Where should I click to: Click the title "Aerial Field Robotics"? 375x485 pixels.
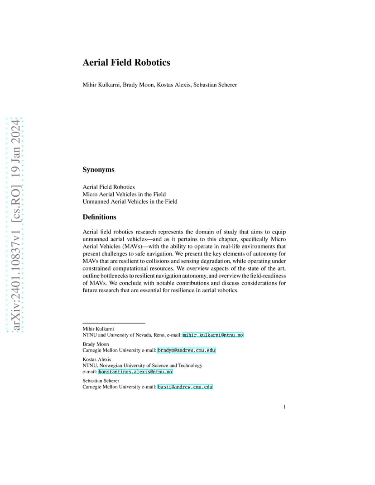pyautogui.click(x=126, y=62)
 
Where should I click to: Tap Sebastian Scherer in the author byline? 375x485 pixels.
pyautogui.click(x=214, y=85)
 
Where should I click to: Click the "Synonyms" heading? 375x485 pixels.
pyautogui.click(x=98, y=170)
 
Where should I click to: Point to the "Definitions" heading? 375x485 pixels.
pyautogui.click(x=99, y=217)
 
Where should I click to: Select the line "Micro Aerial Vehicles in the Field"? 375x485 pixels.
pyautogui.click(x=124, y=194)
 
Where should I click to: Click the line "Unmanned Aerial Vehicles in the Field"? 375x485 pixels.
pyautogui.click(x=130, y=201)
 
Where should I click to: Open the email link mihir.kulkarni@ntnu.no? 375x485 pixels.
pyautogui.click(x=213, y=335)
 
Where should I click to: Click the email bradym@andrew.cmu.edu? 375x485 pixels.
pyautogui.click(x=186, y=350)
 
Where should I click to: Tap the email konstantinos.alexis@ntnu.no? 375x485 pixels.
pyautogui.click(x=135, y=371)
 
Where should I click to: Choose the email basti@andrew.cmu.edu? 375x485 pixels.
pyautogui.click(x=185, y=387)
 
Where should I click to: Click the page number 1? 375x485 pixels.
pyautogui.click(x=284, y=407)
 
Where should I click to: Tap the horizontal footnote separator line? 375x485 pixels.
pyautogui.click(x=114, y=323)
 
